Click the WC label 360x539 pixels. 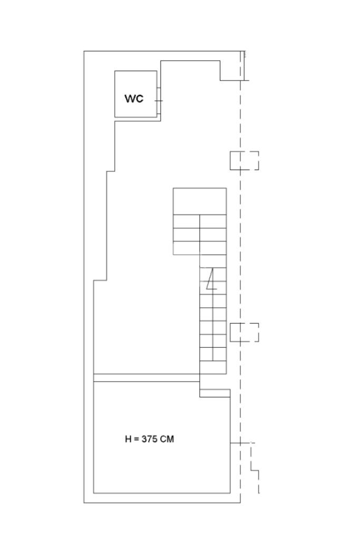click(x=134, y=99)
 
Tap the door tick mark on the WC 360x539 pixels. click(x=158, y=100)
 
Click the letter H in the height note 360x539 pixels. click(x=128, y=439)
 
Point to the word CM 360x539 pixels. click(x=167, y=439)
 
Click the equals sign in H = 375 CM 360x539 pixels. click(x=135, y=439)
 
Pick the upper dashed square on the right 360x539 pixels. click(x=244, y=161)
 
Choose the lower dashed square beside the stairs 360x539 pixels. click(x=244, y=332)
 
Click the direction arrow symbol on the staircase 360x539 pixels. click(x=212, y=280)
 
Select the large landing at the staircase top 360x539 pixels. click(x=200, y=201)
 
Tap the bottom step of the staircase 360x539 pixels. click(x=213, y=367)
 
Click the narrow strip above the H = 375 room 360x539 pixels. click(x=147, y=378)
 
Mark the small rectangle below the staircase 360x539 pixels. click(x=215, y=393)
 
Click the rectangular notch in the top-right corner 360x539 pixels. click(x=230, y=70)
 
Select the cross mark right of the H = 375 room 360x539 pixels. click(x=241, y=443)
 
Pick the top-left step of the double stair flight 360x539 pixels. click(x=186, y=221)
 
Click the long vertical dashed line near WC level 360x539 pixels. click(x=241, y=116)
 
